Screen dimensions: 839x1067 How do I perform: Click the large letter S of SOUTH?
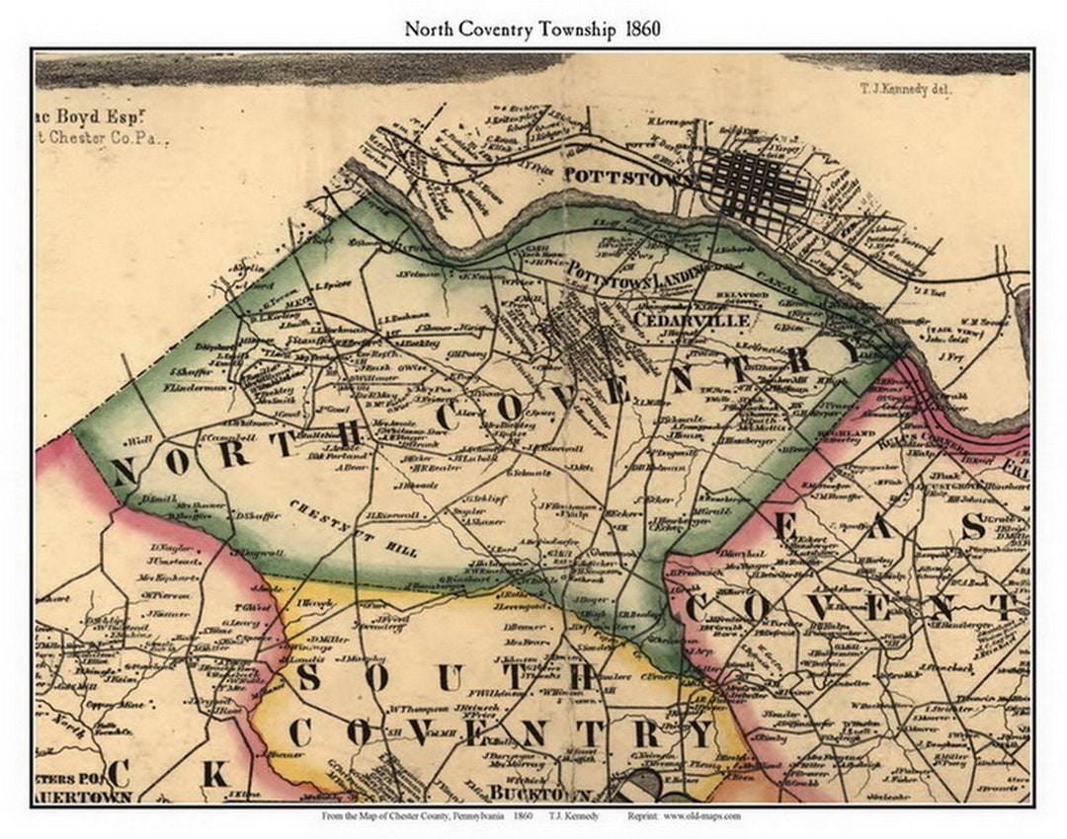pos(308,676)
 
